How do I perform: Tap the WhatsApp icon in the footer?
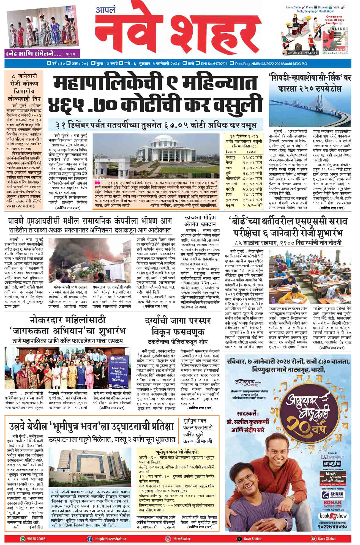[22, 538]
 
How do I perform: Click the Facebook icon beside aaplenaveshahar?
[89, 538]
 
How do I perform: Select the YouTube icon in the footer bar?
[313, 538]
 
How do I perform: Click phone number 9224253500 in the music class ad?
[341, 53]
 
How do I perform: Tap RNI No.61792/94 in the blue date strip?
[214, 64]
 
